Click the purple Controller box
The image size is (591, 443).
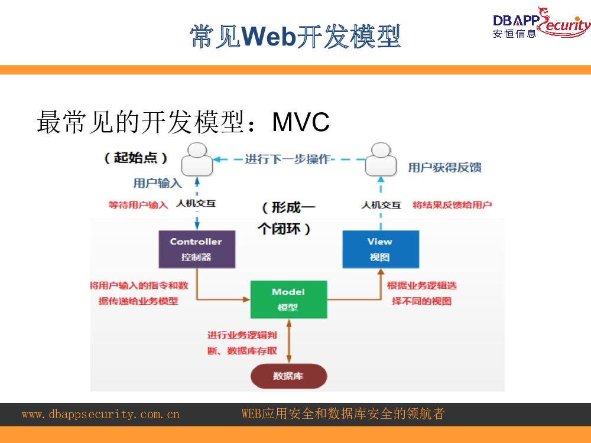197,249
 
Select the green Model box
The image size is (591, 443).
288,299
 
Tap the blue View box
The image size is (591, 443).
380,249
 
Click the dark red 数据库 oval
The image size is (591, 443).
288,376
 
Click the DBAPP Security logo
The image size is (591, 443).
541,24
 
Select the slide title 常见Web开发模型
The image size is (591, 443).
295,37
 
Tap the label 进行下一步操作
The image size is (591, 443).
288,159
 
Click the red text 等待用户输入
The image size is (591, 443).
138,205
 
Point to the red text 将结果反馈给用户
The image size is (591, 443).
452,205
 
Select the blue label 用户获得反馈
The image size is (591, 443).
444,168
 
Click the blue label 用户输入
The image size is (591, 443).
157,183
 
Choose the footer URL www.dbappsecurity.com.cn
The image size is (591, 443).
100,414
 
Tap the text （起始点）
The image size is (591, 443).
136,158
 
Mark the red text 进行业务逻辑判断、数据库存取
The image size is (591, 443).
242,343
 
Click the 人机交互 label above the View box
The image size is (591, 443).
381,205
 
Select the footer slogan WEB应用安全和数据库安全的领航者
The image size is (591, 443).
343,414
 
